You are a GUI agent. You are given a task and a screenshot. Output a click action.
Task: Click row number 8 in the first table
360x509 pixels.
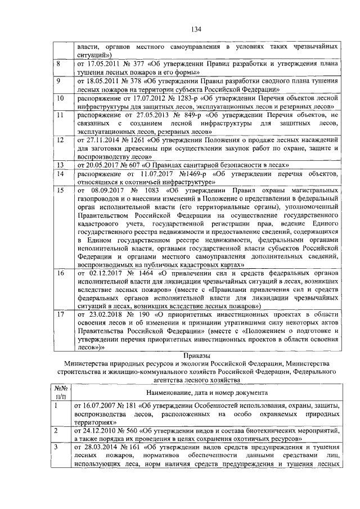(x=59, y=65)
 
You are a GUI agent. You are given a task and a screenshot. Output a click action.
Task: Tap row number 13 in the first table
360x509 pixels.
(x=60, y=165)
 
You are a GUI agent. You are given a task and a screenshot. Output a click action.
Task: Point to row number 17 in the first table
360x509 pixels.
(x=60, y=314)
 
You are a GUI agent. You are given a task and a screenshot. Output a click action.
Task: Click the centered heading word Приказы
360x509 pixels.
(x=196, y=355)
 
